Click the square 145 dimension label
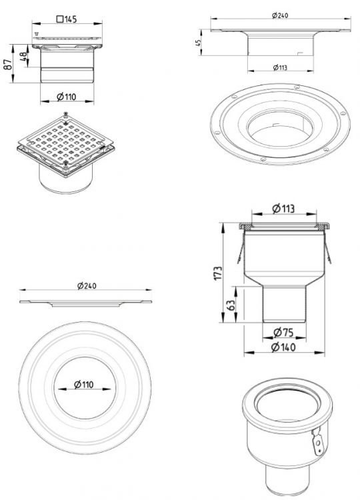[67, 19]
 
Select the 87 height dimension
[9, 65]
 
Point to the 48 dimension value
[23, 57]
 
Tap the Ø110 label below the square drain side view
[67, 97]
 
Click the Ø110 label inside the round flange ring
[84, 385]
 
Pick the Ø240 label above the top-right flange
[280, 15]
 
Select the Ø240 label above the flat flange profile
[87, 286]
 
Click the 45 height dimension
[198, 43]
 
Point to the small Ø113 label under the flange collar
[280, 67]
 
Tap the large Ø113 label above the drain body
[283, 209]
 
